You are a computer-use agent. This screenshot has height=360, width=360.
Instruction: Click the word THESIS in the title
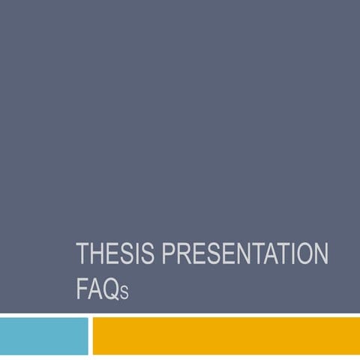(111, 255)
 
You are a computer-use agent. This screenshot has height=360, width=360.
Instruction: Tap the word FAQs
(103, 289)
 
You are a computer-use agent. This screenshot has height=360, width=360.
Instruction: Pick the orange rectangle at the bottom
(225, 335)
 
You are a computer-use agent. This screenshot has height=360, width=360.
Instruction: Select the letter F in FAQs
(82, 289)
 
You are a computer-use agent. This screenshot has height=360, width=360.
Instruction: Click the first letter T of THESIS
(82, 255)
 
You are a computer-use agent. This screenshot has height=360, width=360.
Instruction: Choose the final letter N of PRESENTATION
(320, 255)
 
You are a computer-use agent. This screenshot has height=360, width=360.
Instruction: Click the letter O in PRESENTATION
(303, 255)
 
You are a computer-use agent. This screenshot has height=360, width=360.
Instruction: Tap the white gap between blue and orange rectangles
(90, 335)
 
